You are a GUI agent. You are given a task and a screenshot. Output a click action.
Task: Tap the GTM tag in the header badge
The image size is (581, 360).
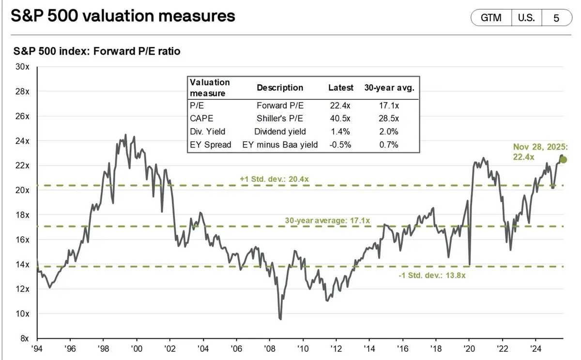491,18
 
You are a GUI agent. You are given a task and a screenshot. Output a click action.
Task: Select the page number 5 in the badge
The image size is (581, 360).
556,18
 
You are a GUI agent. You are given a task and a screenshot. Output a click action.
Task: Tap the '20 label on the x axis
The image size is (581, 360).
470,348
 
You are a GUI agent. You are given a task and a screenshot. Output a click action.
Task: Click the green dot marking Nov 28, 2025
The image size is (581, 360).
563,160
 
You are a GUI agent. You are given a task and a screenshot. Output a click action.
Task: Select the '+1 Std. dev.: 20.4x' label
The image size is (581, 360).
274,179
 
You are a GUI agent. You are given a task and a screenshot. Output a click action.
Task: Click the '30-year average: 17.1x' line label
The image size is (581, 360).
327,221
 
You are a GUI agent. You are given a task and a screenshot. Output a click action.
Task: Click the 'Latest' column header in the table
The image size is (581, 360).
341,88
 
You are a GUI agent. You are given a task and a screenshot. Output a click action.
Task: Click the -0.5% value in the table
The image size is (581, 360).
341,144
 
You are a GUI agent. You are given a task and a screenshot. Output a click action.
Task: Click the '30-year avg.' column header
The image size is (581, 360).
389,88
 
